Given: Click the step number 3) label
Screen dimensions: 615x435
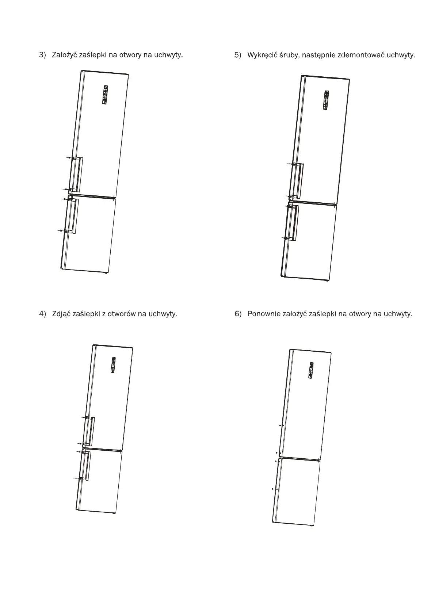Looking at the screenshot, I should (43, 55).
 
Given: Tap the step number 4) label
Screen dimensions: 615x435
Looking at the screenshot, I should (43, 314).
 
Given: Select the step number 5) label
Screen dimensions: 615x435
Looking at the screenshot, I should (238, 55).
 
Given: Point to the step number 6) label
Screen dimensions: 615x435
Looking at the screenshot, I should (238, 314).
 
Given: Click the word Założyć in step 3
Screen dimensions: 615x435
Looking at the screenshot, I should (64, 55).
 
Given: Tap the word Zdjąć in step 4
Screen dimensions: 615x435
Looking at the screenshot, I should (61, 314).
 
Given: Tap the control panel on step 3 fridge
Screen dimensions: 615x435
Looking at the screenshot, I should (105, 95).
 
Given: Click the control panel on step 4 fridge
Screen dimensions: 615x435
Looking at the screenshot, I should (113, 365).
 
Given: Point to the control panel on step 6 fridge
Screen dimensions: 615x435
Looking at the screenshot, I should (311, 370).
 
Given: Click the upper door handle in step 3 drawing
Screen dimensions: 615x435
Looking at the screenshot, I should (76, 174).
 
